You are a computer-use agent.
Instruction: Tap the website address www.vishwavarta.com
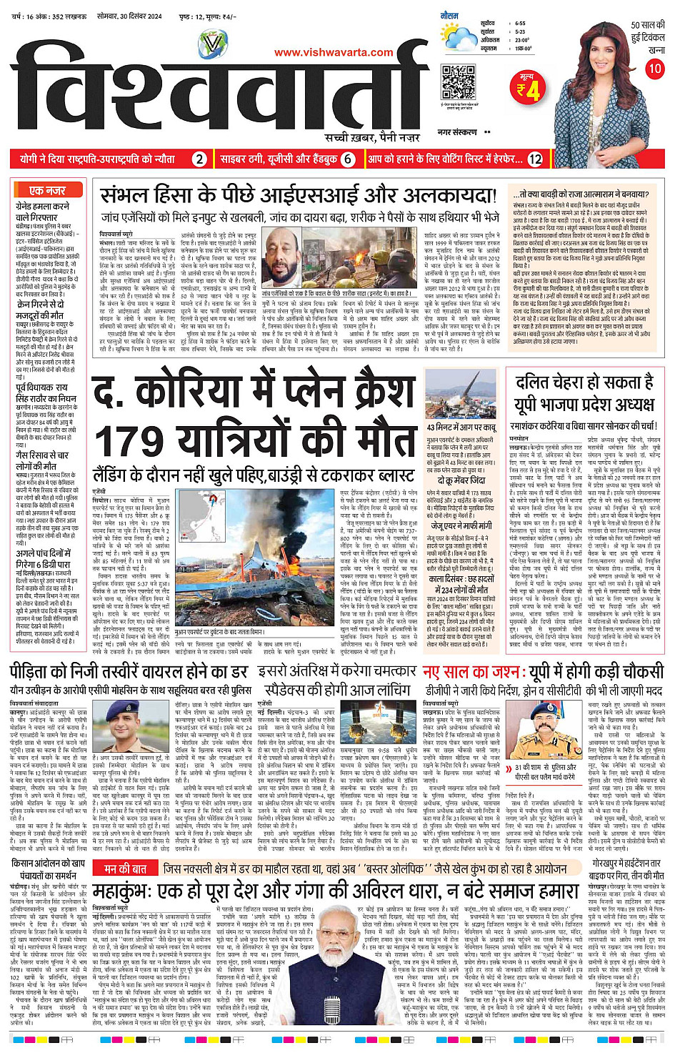334,52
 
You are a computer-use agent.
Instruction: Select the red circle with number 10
654,69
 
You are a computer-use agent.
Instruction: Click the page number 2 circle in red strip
200,159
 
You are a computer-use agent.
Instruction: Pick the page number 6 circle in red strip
348,159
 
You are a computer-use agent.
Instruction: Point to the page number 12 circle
535,159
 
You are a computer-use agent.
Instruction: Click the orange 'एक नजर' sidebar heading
47,190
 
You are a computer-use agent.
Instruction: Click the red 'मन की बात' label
125,869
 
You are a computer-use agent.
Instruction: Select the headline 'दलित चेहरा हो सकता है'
584,383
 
